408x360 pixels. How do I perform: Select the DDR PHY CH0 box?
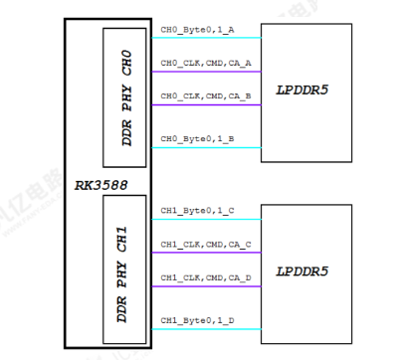tap(125, 96)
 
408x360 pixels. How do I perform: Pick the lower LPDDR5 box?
tap(306, 270)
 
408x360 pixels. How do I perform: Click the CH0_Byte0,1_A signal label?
tap(198, 31)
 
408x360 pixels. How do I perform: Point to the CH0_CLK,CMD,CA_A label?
tap(206, 62)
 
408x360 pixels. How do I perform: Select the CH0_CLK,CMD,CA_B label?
tap(206, 95)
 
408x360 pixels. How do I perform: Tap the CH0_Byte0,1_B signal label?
tap(198, 138)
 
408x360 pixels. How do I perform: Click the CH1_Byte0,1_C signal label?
tap(198, 211)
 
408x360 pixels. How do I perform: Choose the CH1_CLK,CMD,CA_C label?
tap(206, 243)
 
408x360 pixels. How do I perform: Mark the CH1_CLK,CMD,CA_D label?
tap(206, 275)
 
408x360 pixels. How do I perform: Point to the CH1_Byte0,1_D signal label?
tap(198, 318)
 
